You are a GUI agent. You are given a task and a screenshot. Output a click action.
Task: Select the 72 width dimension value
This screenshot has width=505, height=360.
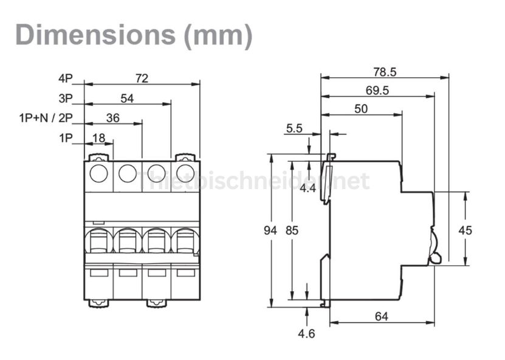142,78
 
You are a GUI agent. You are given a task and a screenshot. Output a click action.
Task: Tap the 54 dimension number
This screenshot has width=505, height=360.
127,98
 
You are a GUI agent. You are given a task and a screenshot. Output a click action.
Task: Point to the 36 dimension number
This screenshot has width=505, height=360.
112,118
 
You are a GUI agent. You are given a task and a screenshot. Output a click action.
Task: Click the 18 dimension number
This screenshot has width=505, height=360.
98,138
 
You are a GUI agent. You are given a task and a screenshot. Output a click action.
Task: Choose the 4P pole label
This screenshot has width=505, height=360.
66,78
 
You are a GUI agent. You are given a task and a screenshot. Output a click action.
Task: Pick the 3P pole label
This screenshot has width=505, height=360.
66,98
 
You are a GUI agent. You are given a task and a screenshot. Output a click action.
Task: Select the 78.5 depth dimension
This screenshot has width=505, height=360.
384,72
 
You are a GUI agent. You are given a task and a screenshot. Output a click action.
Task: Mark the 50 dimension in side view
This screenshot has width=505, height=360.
361,109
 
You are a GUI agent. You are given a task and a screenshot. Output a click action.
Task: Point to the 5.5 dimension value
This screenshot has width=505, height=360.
294,128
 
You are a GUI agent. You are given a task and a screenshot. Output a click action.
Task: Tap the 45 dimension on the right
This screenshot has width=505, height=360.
465,230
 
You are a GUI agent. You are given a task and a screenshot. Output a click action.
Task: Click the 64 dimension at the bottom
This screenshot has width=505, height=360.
382,316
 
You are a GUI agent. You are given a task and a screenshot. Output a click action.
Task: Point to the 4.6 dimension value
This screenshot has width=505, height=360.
307,334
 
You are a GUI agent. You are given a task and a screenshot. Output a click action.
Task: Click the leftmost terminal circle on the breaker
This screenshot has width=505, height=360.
98,174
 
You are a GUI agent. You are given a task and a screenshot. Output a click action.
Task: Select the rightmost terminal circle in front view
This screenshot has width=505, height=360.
185,174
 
